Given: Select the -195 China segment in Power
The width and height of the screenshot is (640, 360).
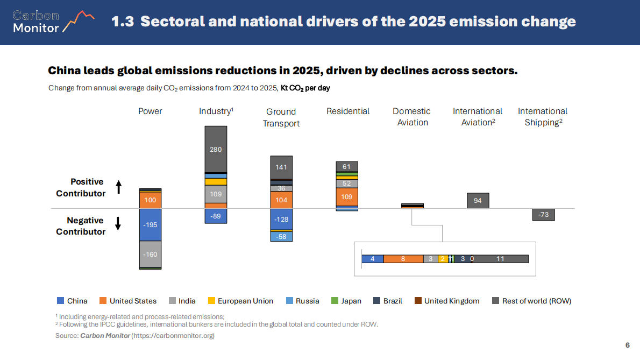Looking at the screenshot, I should [151, 224].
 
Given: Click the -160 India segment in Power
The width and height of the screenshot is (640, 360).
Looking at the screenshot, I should [151, 254].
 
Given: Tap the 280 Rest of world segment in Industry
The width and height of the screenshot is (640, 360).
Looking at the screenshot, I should [216, 149].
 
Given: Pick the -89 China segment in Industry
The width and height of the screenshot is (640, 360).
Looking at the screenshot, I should [216, 216].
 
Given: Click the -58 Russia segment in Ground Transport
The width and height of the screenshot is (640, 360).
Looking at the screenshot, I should [281, 236].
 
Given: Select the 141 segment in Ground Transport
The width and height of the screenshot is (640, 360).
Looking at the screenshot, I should [281, 167].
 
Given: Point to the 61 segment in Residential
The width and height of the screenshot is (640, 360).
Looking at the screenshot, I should [347, 166].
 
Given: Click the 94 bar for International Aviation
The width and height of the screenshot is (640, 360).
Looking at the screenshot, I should [478, 201].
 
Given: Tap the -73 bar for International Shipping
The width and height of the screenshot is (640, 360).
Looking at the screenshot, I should [543, 215].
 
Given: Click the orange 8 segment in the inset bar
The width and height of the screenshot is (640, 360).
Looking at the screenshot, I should [403, 259].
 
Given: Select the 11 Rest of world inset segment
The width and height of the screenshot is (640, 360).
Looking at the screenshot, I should [501, 259].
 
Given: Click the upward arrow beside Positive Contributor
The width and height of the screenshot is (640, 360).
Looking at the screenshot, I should [119, 187].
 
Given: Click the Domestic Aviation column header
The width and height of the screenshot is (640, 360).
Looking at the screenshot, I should [412, 117].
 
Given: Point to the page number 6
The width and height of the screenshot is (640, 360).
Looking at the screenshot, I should [627, 345].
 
